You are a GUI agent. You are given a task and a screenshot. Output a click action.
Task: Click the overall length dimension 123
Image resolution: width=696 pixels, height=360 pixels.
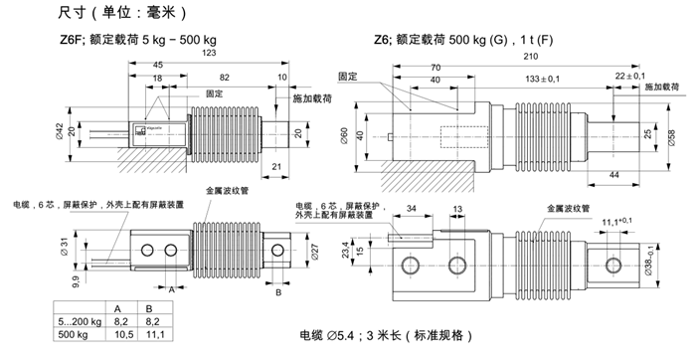209,53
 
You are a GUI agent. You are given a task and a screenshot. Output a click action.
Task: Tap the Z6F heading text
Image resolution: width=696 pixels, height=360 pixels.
74,41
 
